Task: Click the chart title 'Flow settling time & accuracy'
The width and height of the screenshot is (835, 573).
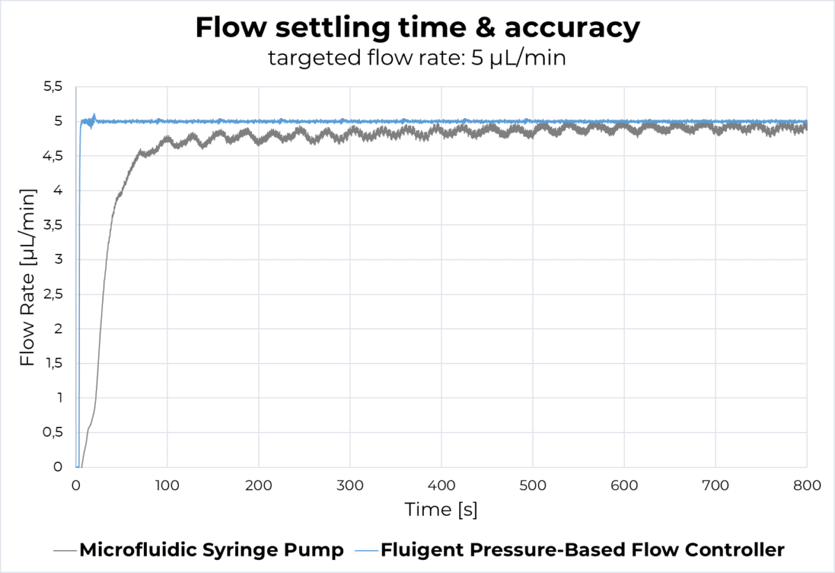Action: pyautogui.click(x=417, y=29)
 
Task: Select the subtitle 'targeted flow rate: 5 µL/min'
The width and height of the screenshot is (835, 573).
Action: pyautogui.click(x=417, y=58)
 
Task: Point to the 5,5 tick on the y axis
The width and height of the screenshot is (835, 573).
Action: pyautogui.click(x=53, y=87)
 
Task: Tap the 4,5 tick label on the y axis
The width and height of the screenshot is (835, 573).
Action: pyautogui.click(x=53, y=156)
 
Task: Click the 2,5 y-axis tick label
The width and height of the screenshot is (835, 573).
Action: pyautogui.click(x=53, y=295)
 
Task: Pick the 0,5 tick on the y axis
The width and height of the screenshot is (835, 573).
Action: pyautogui.click(x=53, y=433)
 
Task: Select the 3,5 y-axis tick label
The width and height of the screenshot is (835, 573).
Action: pyautogui.click(x=53, y=225)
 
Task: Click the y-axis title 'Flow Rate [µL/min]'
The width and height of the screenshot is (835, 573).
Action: pyautogui.click(x=27, y=277)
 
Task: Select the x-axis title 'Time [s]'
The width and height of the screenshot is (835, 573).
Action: pyautogui.click(x=441, y=510)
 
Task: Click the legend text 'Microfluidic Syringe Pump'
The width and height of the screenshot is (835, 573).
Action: pyautogui.click(x=212, y=550)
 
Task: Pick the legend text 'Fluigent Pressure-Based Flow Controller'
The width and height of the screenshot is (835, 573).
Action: pyautogui.click(x=582, y=550)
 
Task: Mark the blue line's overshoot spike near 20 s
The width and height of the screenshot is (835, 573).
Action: pyautogui.click(x=94, y=116)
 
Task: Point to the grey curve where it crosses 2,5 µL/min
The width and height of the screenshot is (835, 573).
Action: pyautogui.click(x=103, y=295)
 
